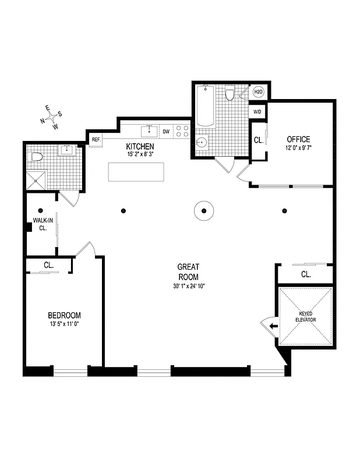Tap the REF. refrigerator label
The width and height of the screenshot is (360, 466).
point(96,139)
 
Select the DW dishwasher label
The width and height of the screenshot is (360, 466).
point(166,132)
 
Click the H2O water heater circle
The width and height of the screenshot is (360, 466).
point(257,92)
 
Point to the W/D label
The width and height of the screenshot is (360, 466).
point(257,111)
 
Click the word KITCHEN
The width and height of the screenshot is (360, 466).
point(140,146)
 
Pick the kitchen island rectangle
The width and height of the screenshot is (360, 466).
point(136,172)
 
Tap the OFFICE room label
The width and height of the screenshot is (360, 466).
point(298,139)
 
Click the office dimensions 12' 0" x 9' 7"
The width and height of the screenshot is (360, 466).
point(298,148)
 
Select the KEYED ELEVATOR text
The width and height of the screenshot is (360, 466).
point(306,317)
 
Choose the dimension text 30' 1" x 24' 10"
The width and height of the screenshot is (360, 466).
point(188,286)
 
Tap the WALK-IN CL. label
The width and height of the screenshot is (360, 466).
point(40,224)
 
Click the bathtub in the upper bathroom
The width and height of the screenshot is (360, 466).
point(205,107)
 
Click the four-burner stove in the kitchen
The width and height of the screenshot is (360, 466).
point(183,131)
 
